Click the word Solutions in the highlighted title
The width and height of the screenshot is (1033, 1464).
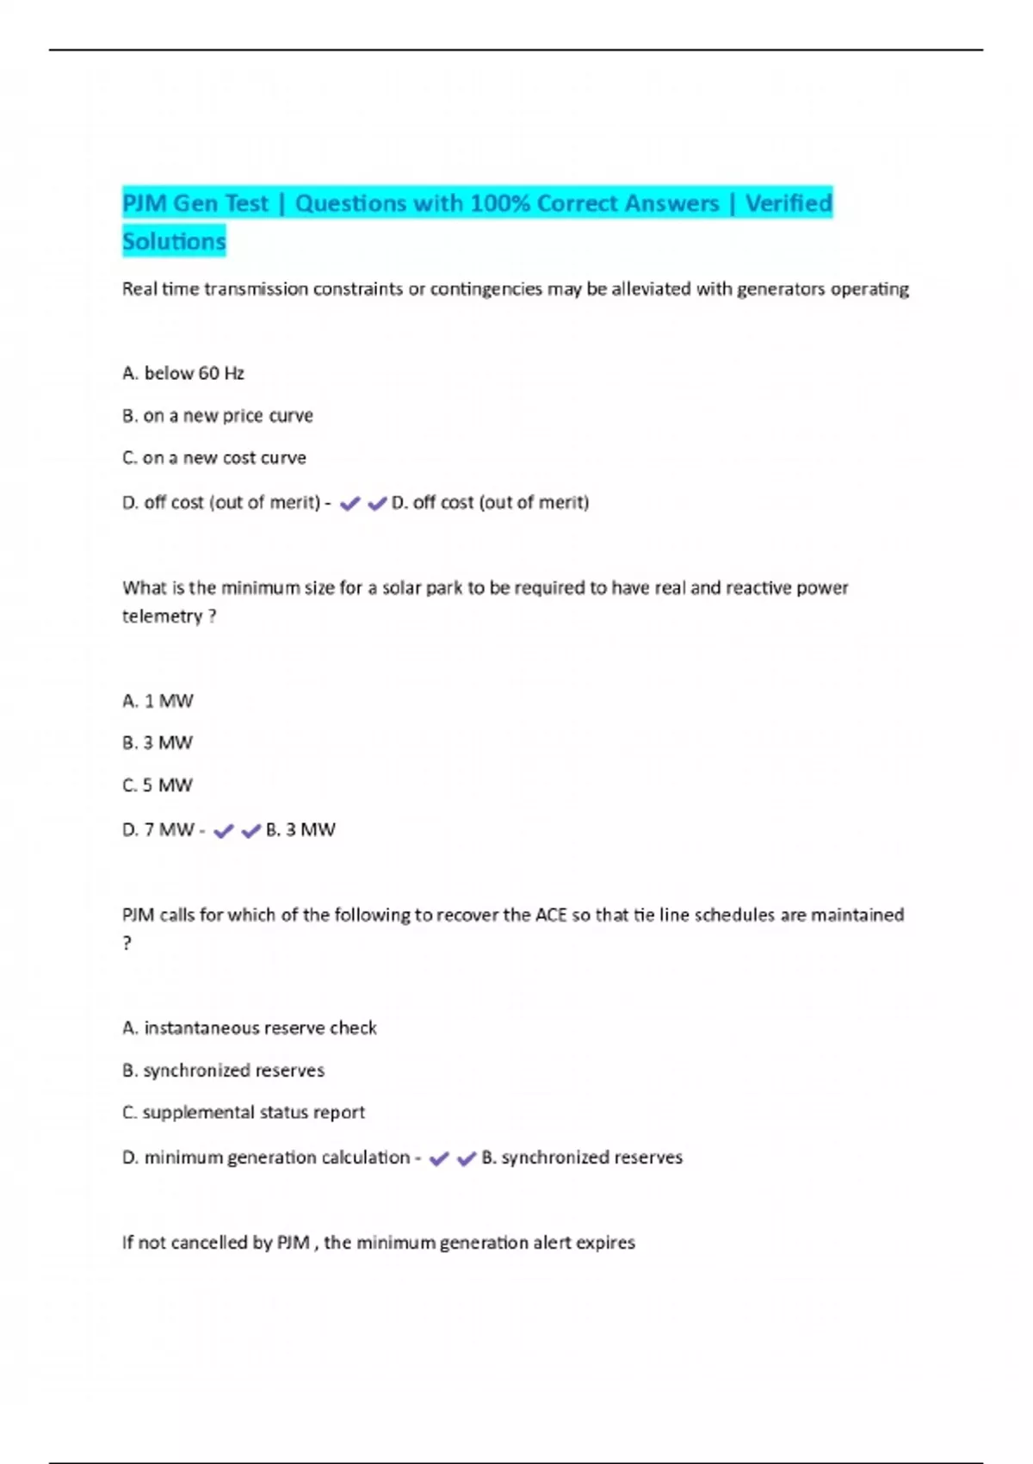[x=174, y=241]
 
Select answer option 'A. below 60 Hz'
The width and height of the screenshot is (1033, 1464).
[x=183, y=374]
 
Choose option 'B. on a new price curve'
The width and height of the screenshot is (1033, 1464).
[x=218, y=416]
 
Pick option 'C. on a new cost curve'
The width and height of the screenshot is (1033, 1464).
[x=214, y=458]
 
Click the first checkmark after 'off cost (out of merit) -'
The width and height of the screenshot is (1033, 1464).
[x=349, y=504]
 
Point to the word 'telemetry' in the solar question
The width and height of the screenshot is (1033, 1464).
[x=162, y=617]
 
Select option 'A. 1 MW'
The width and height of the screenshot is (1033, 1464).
[x=158, y=701]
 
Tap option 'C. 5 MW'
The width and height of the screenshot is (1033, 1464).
[x=158, y=785]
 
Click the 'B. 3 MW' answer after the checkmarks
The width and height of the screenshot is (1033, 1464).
[x=300, y=830]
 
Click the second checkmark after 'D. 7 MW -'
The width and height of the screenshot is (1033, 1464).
[x=251, y=831]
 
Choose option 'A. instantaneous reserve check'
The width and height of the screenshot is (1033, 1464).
[x=250, y=1028]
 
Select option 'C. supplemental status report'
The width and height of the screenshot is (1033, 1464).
[x=244, y=1113]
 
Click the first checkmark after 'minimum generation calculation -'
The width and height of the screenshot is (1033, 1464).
[x=438, y=1159]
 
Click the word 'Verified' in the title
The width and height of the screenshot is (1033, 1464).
[x=789, y=204]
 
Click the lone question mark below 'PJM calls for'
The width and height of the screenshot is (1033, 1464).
[x=127, y=944]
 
